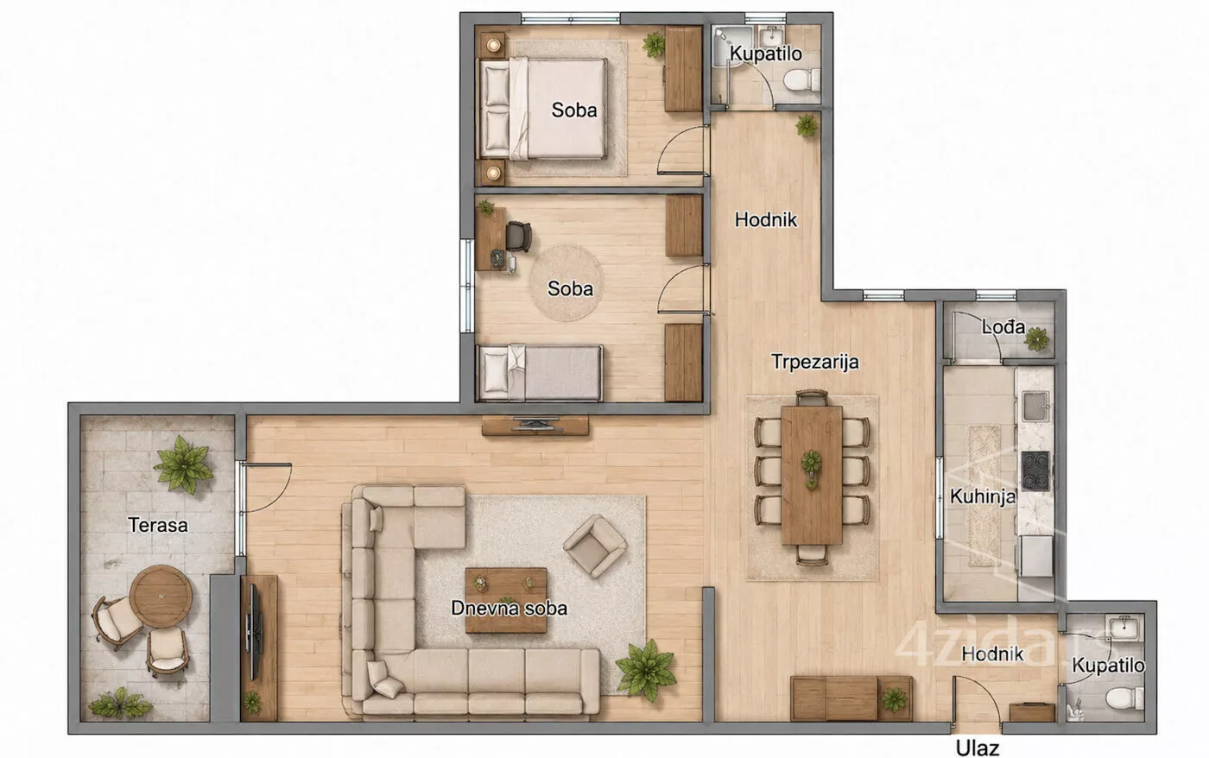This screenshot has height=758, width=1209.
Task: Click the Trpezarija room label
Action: pos(814,362)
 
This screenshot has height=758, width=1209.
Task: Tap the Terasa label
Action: pos(158,525)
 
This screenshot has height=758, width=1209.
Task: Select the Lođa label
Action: pos(1003,326)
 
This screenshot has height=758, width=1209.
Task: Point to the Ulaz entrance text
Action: pos(978,749)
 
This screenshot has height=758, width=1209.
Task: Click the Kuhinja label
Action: pos(983,496)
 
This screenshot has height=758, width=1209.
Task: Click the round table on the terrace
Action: pos(161,597)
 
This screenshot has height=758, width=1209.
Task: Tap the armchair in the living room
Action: pos(595,546)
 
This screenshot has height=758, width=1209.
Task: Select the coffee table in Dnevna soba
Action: pos(506,600)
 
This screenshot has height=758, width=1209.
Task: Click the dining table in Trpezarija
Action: pos(812,475)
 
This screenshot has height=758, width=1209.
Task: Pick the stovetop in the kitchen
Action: pos(1035,471)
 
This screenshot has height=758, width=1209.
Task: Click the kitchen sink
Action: pos(1035,407)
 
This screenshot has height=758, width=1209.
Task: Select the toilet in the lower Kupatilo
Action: pos(1124,698)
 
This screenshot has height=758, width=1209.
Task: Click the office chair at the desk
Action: pos(519,237)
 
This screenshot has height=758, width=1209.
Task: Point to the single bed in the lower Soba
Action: pos(540,373)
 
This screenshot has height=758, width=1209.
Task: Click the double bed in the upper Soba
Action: pos(542,110)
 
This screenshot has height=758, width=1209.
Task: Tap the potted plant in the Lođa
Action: pos(1037,338)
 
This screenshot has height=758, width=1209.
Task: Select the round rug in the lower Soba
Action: pos(566,284)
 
